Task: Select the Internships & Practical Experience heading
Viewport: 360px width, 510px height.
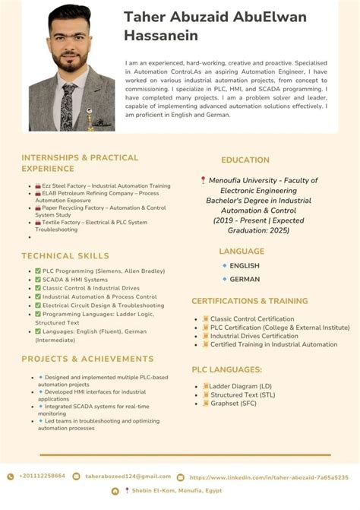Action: click(x=80, y=163)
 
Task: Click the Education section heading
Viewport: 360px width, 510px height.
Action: click(x=245, y=160)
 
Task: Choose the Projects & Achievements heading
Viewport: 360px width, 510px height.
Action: click(x=87, y=359)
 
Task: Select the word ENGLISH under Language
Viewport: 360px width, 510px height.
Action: click(x=245, y=266)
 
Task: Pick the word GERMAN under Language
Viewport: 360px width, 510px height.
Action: click(x=245, y=279)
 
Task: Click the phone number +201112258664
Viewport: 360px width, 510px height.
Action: click(x=42, y=476)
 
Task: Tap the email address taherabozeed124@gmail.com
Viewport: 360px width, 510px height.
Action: click(x=128, y=476)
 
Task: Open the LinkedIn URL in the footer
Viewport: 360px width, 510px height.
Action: click(x=269, y=477)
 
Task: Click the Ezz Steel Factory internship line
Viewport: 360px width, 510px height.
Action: click(x=106, y=185)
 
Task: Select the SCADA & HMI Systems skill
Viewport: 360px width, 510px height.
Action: click(x=75, y=279)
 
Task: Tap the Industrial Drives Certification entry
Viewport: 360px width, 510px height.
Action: click(x=254, y=336)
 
